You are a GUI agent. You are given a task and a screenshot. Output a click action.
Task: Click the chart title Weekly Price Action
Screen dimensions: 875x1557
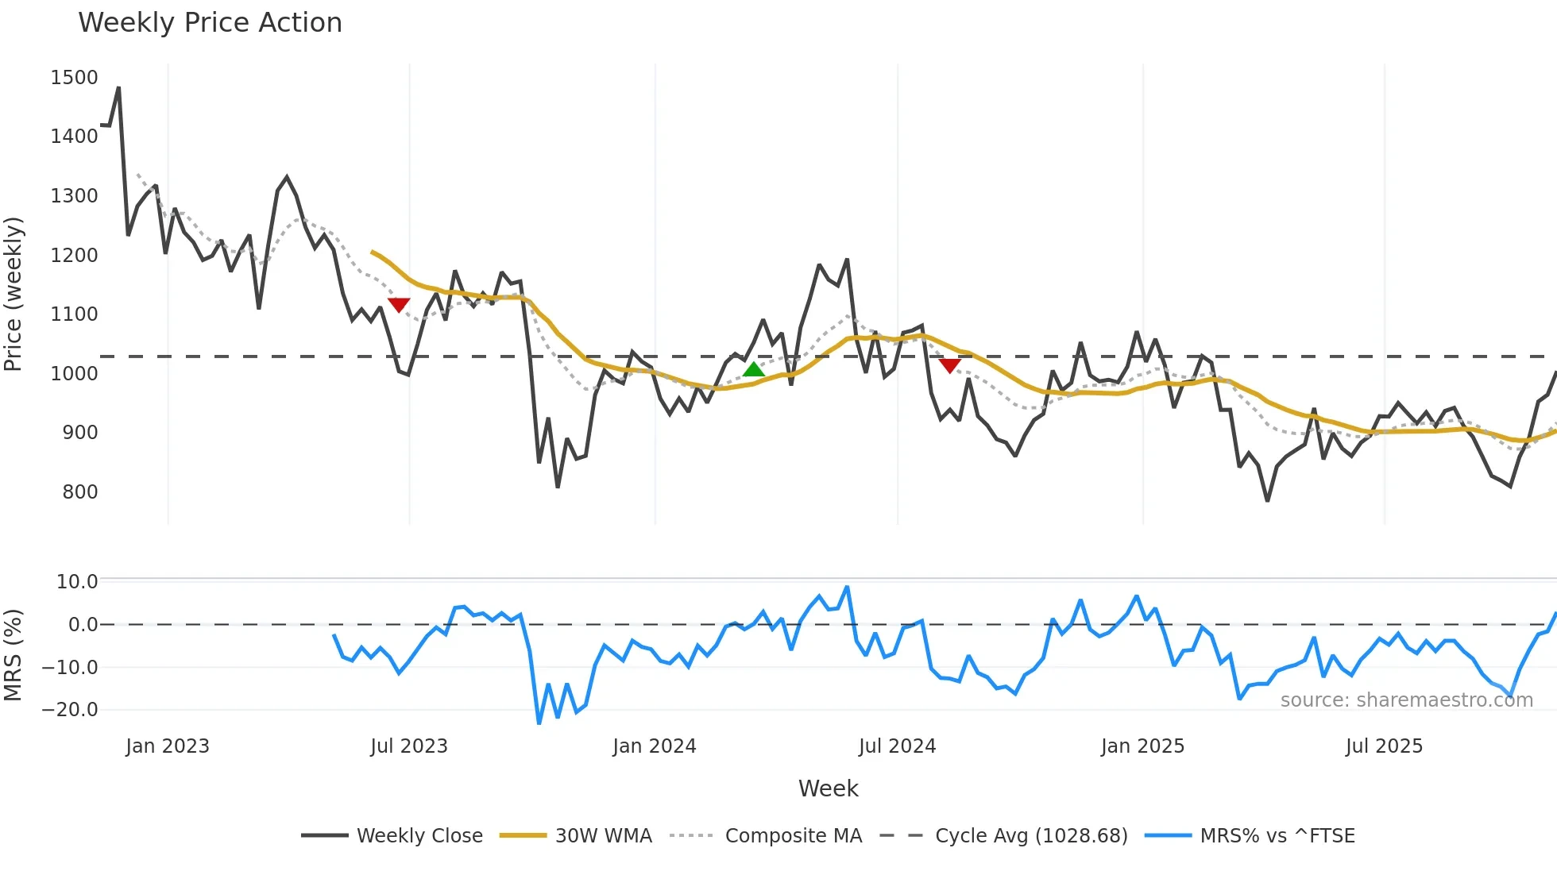(210, 23)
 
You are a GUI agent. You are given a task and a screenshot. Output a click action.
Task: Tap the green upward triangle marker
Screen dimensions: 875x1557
(753, 369)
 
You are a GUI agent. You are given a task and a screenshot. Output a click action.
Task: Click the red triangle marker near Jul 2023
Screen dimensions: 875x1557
(399, 305)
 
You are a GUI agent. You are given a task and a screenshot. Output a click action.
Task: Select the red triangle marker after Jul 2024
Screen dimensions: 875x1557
(949, 365)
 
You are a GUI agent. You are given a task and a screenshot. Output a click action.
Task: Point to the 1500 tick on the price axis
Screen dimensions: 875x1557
(74, 78)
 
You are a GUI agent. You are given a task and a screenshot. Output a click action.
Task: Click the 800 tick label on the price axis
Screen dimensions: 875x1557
(79, 492)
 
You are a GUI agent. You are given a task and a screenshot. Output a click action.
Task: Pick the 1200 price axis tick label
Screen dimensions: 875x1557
(74, 256)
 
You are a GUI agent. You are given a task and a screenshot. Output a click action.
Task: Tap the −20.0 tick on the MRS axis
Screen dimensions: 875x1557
(70, 710)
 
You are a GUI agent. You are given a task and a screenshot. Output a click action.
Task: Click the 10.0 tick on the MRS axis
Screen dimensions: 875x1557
(76, 582)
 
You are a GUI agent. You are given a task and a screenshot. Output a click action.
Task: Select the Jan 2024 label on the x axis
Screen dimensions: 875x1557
(654, 746)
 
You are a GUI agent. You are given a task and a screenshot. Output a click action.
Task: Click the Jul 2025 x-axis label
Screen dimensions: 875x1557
(1384, 746)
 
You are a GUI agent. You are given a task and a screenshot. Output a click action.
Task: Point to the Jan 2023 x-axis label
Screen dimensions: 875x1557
(168, 746)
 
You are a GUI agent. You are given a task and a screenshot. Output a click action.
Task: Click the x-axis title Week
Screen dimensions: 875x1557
(828, 788)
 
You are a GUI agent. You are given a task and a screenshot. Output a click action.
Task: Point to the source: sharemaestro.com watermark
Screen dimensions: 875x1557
(1406, 700)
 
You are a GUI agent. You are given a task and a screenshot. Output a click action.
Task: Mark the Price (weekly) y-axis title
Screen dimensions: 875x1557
(14, 294)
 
